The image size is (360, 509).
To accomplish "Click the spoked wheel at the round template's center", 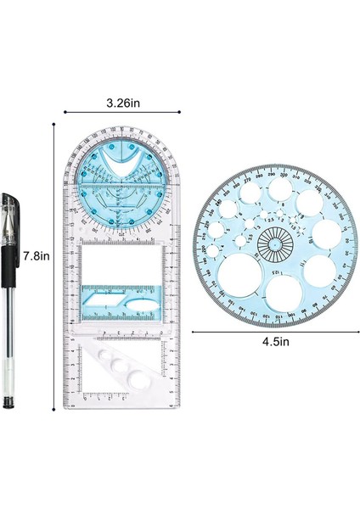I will (273, 245).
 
